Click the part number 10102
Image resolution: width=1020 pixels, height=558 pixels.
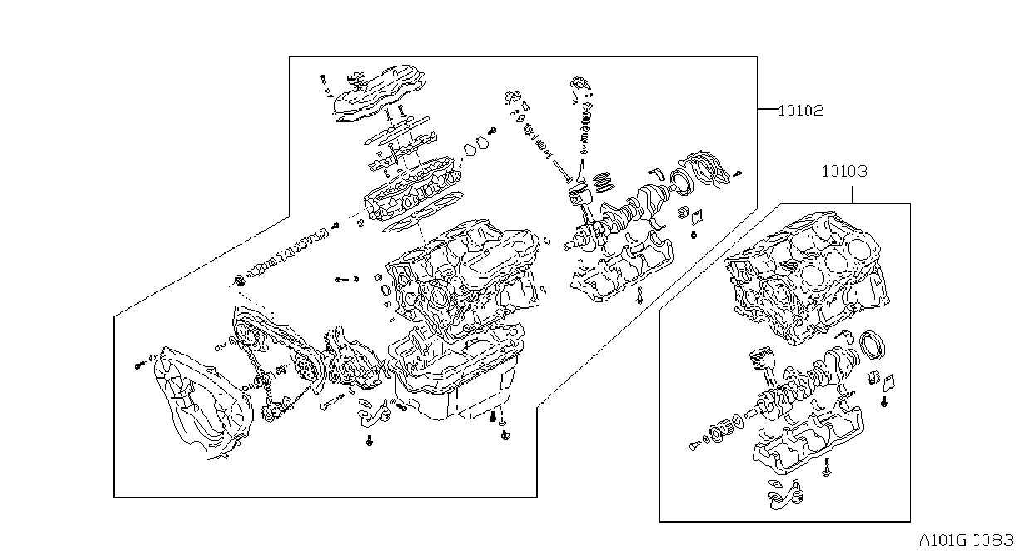[x=801, y=111]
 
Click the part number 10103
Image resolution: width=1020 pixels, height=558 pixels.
[x=845, y=172]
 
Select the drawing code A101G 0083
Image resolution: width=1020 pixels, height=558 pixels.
[x=965, y=541]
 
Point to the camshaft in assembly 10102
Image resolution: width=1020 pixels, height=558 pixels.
[x=287, y=252]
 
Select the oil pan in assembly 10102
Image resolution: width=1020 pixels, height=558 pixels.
[x=456, y=383]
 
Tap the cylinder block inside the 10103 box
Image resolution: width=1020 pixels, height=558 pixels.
[x=806, y=278]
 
